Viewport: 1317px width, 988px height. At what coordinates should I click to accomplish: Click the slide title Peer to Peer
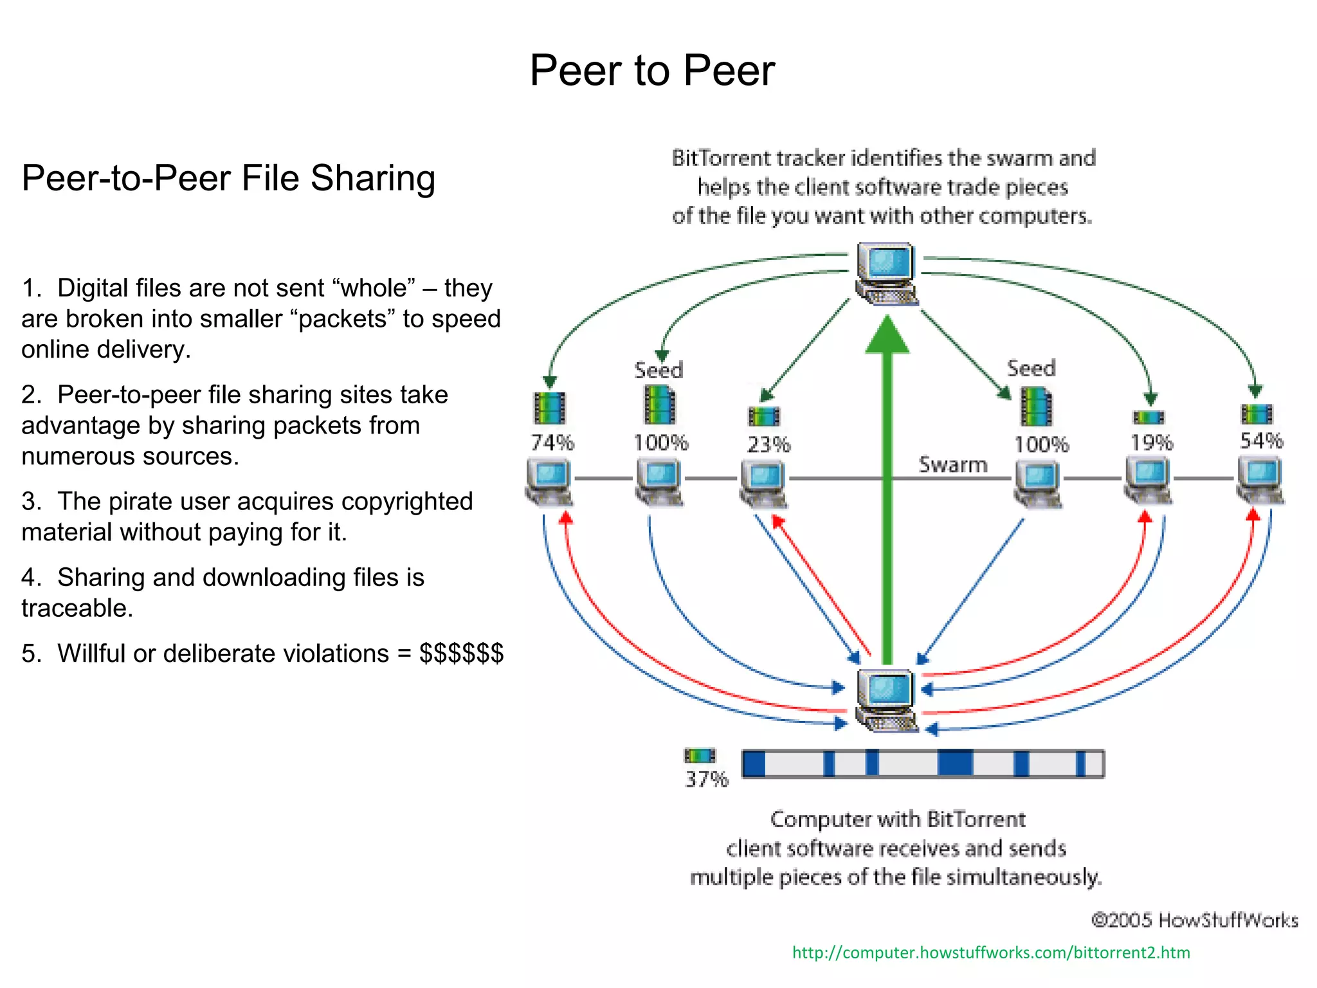point(651,71)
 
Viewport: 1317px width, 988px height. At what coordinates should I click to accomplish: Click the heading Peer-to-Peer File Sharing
point(228,178)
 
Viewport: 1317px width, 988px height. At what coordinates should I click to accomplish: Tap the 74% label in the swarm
point(552,443)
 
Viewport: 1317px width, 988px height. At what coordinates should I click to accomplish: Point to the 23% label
point(768,444)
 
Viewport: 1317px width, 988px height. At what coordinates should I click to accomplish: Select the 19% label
point(1152,443)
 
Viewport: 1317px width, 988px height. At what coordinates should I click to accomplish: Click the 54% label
point(1261,441)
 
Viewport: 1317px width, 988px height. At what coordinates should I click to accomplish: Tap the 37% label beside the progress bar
point(706,779)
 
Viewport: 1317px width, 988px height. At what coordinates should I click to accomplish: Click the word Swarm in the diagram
point(952,464)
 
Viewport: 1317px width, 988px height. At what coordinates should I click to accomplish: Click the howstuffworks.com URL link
point(991,953)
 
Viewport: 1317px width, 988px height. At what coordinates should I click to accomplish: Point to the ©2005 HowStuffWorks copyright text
point(1194,920)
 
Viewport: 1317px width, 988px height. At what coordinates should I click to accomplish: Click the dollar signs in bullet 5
point(461,654)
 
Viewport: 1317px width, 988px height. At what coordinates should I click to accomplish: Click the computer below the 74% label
point(549,482)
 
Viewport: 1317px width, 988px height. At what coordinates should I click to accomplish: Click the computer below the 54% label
point(1260,480)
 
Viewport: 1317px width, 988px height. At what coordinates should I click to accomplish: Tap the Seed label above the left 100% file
point(658,370)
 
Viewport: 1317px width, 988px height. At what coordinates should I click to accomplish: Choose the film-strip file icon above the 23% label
point(764,417)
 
